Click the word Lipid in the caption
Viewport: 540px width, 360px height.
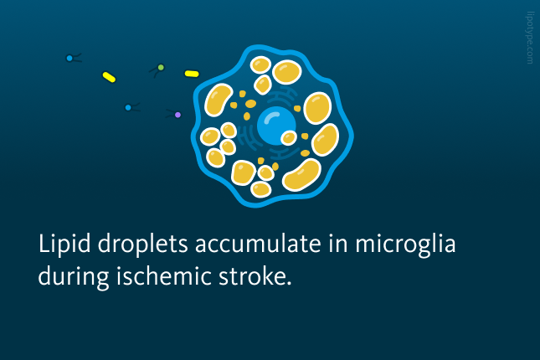[x=64, y=244]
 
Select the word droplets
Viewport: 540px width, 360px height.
[x=143, y=244]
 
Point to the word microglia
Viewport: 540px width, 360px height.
[x=405, y=244]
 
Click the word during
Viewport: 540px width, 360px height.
[x=74, y=277]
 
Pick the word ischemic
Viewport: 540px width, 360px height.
[x=164, y=275]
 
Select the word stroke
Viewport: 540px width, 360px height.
[x=251, y=275]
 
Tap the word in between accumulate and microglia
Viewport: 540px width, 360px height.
[x=338, y=244]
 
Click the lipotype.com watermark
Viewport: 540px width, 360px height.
[x=530, y=38]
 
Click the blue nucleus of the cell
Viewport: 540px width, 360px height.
[x=276, y=126]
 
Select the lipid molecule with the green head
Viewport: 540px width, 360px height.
[x=157, y=70]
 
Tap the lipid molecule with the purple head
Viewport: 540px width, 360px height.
[x=174, y=114]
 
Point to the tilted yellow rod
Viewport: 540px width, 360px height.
[x=109, y=77]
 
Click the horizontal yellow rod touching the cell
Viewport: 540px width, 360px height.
[x=192, y=74]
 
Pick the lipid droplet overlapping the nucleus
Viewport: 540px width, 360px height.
[x=289, y=138]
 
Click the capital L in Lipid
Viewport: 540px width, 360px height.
[x=44, y=244]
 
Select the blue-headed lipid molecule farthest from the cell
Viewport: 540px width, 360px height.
[x=74, y=58]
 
